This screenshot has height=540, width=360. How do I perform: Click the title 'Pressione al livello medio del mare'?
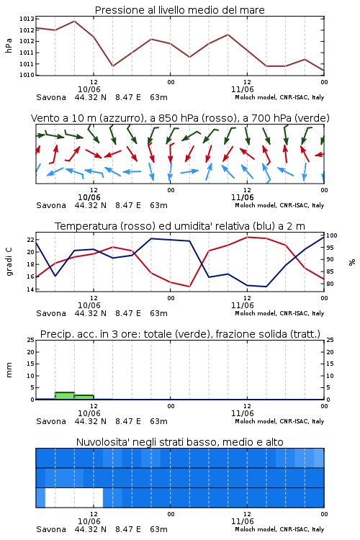tap(179, 10)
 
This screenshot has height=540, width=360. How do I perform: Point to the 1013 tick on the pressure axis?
tap(27, 19)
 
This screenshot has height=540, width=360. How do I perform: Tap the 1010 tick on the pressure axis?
tap(27, 75)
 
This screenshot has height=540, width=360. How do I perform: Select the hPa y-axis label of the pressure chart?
tap(9, 45)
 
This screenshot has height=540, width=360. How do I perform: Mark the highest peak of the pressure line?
tap(74, 21)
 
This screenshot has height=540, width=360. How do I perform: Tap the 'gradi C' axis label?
tap(9, 262)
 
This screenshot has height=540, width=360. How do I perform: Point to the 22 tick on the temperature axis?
tap(30, 240)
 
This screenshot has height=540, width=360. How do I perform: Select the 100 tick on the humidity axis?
tap(331, 235)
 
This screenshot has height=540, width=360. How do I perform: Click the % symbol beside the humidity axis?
tap(352, 262)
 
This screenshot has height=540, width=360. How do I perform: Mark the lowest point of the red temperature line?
tap(189, 287)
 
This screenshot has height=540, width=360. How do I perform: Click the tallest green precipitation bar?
tap(65, 396)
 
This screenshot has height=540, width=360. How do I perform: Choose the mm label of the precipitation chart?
tap(9, 370)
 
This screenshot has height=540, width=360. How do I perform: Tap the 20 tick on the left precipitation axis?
tap(30, 352)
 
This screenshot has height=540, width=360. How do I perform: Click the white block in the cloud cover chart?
tap(74, 498)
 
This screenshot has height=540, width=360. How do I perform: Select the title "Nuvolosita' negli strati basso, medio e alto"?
tap(179, 442)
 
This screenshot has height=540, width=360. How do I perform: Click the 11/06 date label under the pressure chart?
tap(243, 89)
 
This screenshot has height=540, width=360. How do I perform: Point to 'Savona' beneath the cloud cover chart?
tap(51, 529)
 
